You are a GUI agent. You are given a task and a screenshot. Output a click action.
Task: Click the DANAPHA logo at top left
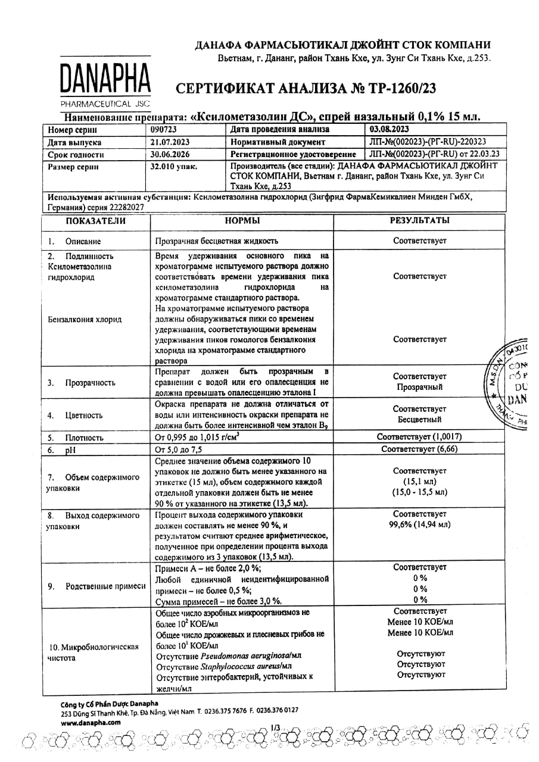pos(104,82)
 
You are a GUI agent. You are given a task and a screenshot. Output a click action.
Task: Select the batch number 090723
pos(164,129)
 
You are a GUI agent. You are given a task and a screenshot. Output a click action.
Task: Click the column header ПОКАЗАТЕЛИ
pos(96,221)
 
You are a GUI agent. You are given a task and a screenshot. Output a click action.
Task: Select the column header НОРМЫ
pos(242,221)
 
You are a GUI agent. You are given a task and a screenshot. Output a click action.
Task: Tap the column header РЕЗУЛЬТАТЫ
pos(419,221)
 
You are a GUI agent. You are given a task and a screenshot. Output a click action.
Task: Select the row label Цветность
pos(84,416)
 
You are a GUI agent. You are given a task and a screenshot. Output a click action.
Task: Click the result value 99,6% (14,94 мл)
pos(419,524)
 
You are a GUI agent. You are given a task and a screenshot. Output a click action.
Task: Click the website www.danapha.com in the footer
pos(91,722)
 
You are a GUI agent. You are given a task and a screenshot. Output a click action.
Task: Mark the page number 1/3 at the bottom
pos(275,727)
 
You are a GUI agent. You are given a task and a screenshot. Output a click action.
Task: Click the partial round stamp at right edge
pos(513,384)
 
